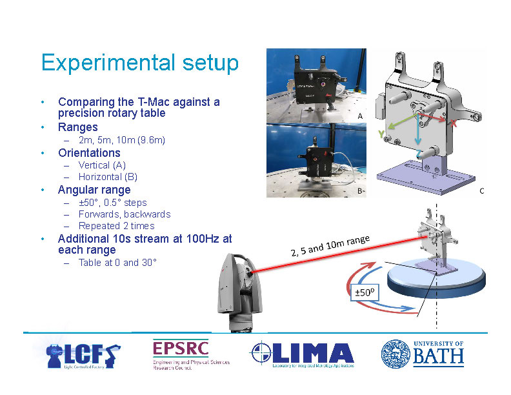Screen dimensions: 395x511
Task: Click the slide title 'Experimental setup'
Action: [x=139, y=63]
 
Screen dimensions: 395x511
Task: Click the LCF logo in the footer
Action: [x=83, y=356]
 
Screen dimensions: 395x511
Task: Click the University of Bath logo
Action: [x=422, y=354]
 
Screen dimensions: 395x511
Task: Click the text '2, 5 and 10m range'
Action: [x=330, y=245]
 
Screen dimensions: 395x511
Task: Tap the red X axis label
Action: [x=454, y=124]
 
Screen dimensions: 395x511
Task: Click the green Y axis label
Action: [x=381, y=134]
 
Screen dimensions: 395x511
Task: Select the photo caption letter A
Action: [x=360, y=116]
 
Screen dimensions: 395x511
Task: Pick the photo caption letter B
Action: [x=360, y=192]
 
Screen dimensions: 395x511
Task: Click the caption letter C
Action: [x=481, y=192]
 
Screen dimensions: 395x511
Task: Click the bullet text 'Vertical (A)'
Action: [x=101, y=165]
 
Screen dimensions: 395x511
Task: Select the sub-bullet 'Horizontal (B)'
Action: [x=108, y=177]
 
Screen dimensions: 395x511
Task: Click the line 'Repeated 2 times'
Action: [x=116, y=226]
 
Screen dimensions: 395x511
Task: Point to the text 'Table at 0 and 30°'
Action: [x=117, y=263]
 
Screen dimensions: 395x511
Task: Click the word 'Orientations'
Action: [x=89, y=153]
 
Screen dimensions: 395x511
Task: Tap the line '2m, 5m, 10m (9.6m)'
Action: [x=121, y=140]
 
